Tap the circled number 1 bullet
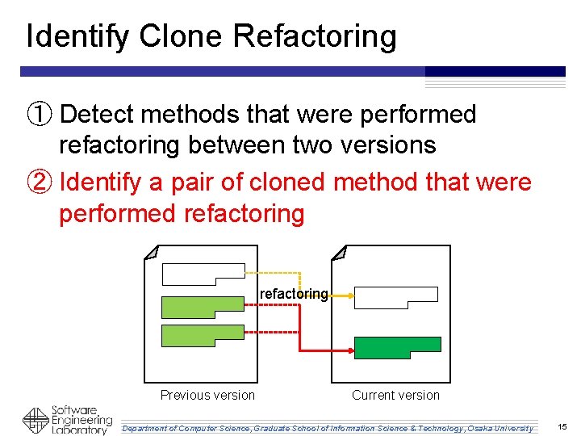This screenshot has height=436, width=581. tap(40, 115)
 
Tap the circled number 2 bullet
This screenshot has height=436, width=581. tap(40, 182)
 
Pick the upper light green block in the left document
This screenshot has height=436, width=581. tap(202, 307)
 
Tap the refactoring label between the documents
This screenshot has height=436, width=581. tap(294, 294)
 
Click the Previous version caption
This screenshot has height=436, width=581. tap(207, 395)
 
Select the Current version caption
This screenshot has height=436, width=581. tap(395, 395)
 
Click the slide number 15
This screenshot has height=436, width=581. tap(562, 426)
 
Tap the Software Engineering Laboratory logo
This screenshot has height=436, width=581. tap(67, 420)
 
